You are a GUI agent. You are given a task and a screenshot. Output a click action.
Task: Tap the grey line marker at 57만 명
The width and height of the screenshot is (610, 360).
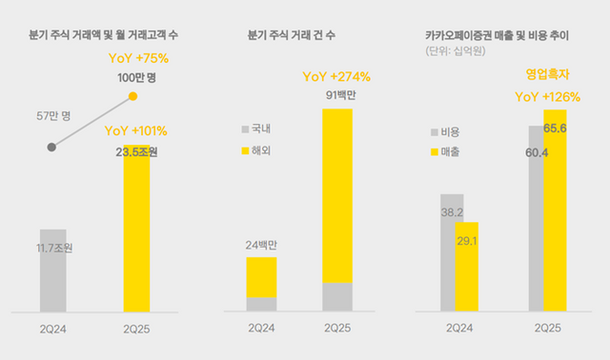coord(51,147)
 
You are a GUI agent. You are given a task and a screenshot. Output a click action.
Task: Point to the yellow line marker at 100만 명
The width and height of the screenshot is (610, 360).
coord(133,96)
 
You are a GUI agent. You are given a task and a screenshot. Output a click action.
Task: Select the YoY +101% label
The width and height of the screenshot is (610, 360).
coord(137,130)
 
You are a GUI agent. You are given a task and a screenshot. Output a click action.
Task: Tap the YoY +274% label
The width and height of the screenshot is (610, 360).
coord(335,77)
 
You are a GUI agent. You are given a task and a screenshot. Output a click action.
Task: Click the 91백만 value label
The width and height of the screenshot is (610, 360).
coord(337,95)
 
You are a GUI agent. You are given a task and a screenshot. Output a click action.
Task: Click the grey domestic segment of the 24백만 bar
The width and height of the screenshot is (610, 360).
coord(261,304)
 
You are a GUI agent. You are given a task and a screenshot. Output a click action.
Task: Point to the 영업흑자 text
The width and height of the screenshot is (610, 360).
coord(549,72)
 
